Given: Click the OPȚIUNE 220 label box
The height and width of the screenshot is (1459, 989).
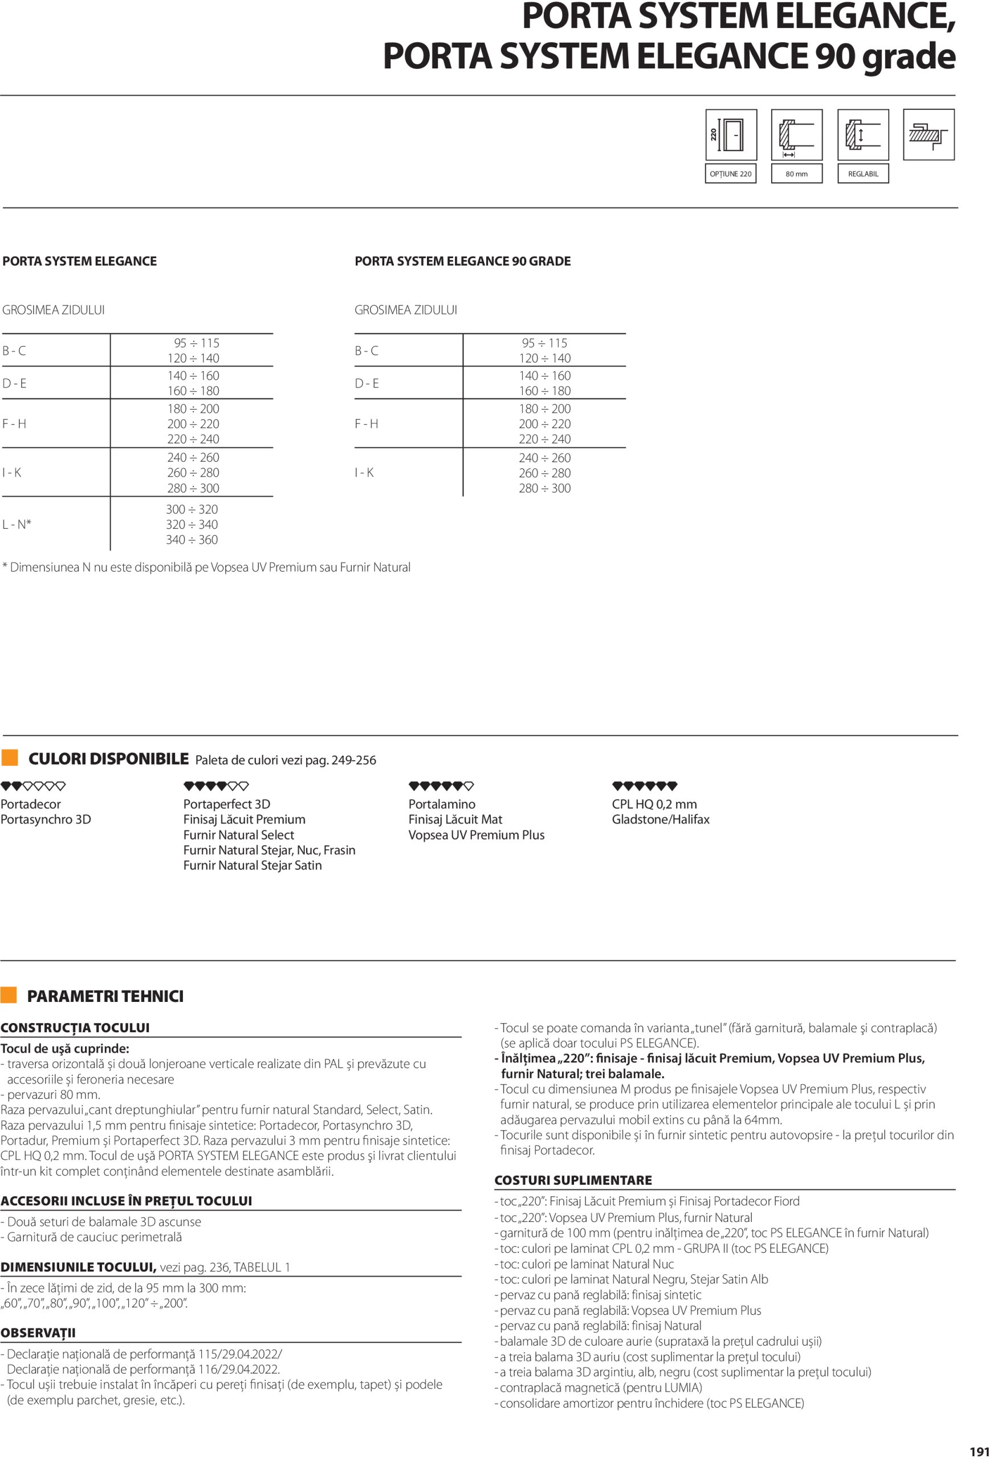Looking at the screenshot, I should pyautogui.click(x=730, y=174).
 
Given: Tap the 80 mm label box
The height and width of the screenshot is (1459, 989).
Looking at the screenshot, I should pyautogui.click(x=796, y=174).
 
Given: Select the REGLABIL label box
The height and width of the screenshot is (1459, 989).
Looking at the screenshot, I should pyautogui.click(x=863, y=174).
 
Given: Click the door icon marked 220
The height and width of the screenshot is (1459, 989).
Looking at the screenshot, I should pyautogui.click(x=731, y=135).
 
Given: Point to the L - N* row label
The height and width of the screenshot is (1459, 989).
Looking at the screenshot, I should pyautogui.click(x=17, y=524).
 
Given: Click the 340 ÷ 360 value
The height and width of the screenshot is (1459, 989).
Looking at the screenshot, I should pyautogui.click(x=192, y=540).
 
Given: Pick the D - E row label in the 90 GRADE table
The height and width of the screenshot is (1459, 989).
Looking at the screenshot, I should pyautogui.click(x=367, y=384).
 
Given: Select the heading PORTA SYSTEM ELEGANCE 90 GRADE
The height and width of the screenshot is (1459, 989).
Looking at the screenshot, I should pyautogui.click(x=463, y=261).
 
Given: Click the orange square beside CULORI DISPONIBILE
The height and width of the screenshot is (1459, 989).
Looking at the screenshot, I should pyautogui.click(x=10, y=758).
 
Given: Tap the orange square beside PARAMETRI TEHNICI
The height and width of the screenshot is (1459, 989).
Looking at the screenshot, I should pyautogui.click(x=9, y=995).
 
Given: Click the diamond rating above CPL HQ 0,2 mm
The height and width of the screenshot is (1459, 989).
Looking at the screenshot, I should pyautogui.click(x=644, y=785).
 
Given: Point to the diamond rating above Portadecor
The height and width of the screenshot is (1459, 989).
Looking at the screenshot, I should pyautogui.click(x=33, y=785).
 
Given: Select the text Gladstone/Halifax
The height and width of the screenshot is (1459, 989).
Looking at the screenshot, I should pyautogui.click(x=661, y=820).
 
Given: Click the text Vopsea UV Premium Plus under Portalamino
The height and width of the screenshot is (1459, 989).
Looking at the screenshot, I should pyautogui.click(x=476, y=835).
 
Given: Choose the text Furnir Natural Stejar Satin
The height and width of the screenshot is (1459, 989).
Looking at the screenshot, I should pyautogui.click(x=253, y=865).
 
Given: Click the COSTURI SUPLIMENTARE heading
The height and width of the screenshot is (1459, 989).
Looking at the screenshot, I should pyautogui.click(x=573, y=1180).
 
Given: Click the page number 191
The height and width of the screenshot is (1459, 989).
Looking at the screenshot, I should pyautogui.click(x=978, y=1451).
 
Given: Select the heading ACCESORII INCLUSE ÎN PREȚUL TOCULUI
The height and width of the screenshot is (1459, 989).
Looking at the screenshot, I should pyautogui.click(x=126, y=1200).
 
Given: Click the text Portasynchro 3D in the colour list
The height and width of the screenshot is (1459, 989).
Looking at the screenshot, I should pyautogui.click(x=46, y=820).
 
